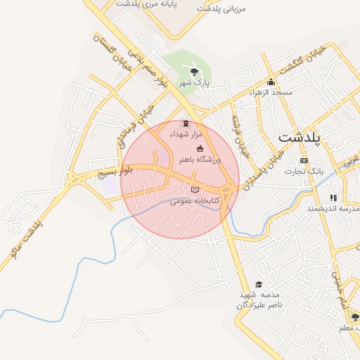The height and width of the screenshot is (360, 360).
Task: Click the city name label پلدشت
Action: (299, 138)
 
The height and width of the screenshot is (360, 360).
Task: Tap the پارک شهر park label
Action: (195, 84)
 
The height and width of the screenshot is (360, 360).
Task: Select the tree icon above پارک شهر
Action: (195, 71)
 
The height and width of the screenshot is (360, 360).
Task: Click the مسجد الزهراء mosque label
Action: (271, 93)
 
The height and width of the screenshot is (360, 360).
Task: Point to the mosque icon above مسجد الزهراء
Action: (271, 82)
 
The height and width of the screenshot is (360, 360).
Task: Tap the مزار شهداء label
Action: (186, 134)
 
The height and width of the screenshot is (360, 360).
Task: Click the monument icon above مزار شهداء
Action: (186, 123)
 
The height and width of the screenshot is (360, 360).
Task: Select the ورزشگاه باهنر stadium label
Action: (200, 160)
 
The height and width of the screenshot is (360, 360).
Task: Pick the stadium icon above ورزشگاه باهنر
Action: (200, 148)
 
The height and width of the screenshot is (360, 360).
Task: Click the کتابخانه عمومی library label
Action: (195, 200)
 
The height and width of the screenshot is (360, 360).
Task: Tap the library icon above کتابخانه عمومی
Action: (195, 189)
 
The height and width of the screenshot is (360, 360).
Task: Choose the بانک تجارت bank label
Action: (304, 171)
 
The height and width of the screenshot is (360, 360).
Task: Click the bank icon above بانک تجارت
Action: (304, 160)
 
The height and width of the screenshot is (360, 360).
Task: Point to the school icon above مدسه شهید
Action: (259, 284)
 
